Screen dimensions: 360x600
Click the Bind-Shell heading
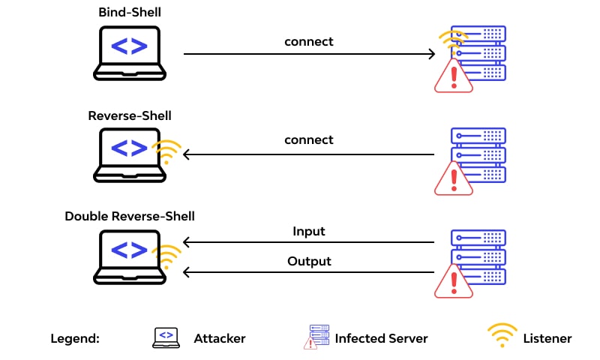pos(129,13)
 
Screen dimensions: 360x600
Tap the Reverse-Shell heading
pos(130,115)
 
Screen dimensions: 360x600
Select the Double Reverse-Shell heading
pos(130,216)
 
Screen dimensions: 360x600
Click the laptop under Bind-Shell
pos(129,52)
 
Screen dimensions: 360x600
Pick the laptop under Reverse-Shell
pos(129,154)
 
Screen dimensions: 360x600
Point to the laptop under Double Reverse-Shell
pos(129,256)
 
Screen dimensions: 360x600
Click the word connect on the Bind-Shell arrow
pos(308,41)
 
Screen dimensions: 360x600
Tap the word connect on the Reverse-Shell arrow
pos(308,140)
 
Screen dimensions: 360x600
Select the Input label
pos(309,231)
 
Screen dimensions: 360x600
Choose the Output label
pos(309,262)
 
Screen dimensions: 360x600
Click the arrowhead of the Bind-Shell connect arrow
pos(431,54)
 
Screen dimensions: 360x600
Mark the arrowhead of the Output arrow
pos(187,273)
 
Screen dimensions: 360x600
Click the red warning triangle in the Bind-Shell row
pos(453,77)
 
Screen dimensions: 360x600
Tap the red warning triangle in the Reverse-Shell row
pos(453,180)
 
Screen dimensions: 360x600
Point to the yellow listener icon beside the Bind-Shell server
pos(453,40)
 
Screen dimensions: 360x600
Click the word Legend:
pos(75,338)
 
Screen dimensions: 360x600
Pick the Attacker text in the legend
pos(219,338)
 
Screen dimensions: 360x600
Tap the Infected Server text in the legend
pos(381,338)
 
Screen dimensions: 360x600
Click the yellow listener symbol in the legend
pos(502,336)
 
